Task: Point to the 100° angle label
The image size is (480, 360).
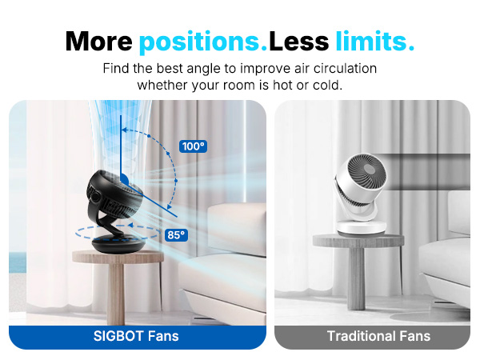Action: click(193, 146)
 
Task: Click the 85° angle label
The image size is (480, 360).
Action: click(175, 234)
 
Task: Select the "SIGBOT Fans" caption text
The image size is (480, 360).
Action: click(136, 336)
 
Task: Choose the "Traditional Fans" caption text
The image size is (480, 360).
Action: click(378, 336)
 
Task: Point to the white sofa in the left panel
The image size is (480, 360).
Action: click(236, 256)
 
